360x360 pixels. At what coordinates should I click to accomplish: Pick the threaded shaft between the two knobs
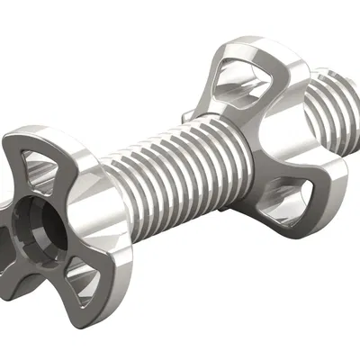(171, 171)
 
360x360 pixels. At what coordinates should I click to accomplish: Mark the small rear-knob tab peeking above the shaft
(184, 114)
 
